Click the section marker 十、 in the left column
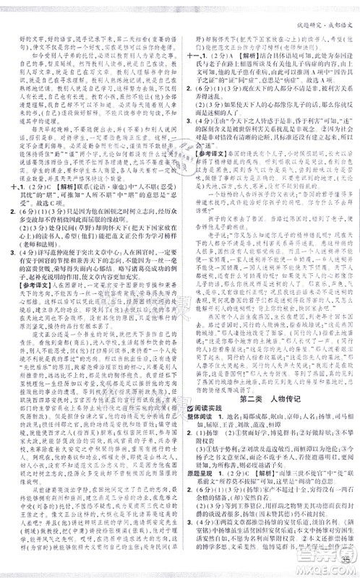(x=9, y=233)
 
